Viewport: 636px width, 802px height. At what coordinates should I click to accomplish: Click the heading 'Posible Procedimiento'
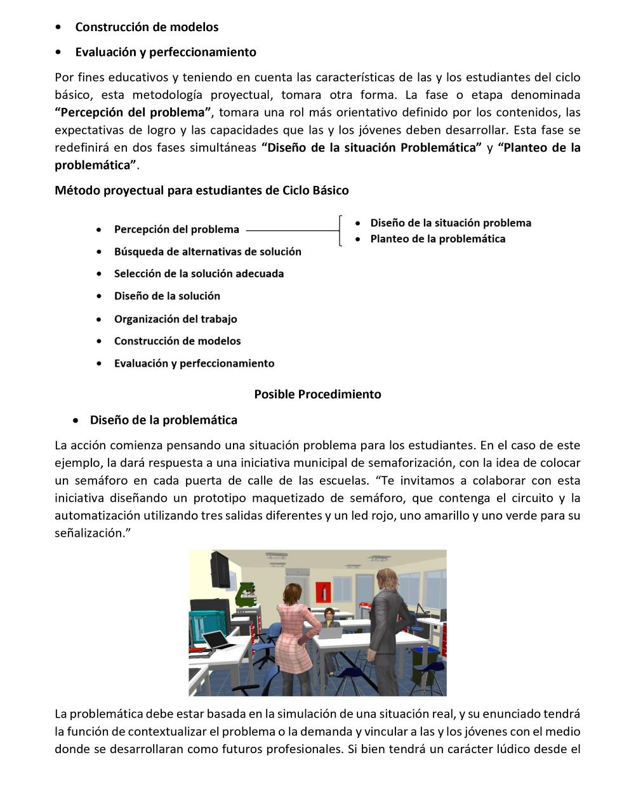(317, 394)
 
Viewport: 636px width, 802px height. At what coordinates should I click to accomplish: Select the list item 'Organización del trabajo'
(175, 319)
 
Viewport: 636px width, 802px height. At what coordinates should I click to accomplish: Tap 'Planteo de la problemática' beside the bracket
(437, 239)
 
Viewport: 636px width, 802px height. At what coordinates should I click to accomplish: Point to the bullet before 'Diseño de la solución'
(99, 296)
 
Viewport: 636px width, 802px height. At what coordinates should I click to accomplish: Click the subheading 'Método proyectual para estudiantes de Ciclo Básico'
(201, 190)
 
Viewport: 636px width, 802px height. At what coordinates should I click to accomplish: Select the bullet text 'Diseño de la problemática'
(163, 419)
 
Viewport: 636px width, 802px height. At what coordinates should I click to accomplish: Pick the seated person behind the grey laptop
(328, 619)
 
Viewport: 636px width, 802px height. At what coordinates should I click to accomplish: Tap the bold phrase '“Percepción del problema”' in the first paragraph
(133, 112)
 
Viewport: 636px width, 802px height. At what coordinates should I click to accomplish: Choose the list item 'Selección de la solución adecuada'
(199, 273)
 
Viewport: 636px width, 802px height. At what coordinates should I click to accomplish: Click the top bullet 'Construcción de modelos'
(147, 27)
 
